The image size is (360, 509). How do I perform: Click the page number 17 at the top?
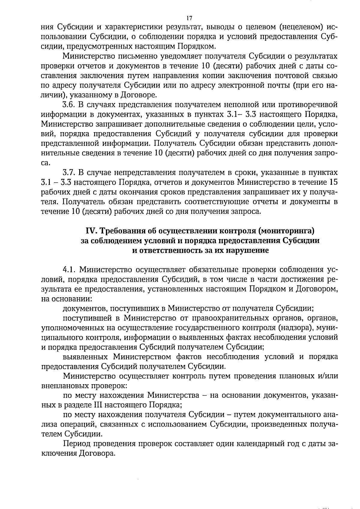181,17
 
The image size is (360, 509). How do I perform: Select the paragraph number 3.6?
69,105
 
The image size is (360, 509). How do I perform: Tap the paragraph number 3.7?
69,172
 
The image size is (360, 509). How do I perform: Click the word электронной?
243,85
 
